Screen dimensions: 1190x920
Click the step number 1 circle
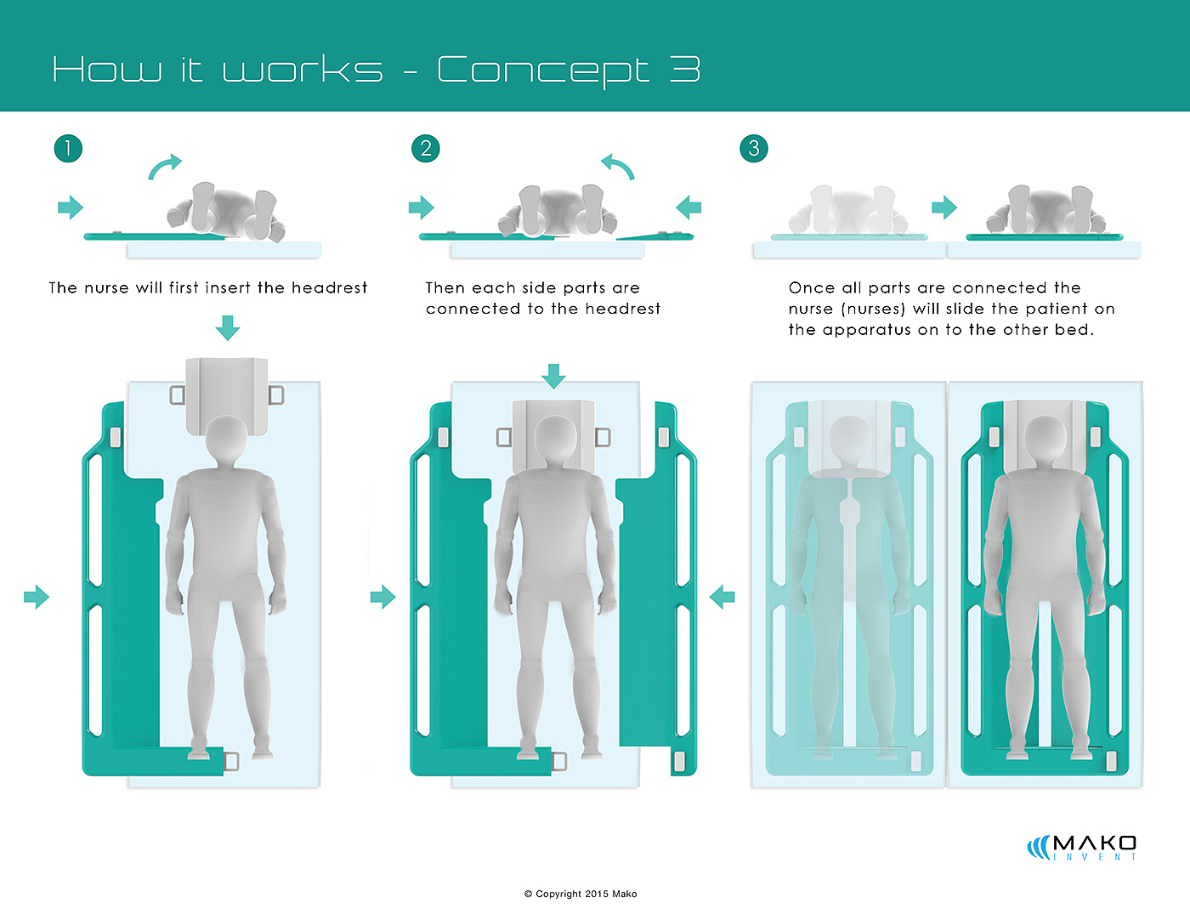click(x=69, y=149)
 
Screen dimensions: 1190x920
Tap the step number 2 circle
click(x=426, y=149)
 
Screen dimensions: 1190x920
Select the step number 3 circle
click(x=754, y=149)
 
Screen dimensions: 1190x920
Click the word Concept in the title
click(x=542, y=71)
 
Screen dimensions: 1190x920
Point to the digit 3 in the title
click(x=685, y=69)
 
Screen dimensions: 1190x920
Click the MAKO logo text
click(x=1094, y=843)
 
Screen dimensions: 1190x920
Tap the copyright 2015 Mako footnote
click(x=581, y=894)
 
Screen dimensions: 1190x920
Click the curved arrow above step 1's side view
click(x=164, y=166)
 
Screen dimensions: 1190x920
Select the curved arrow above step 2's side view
click(x=618, y=166)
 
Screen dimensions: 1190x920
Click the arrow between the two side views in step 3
click(x=944, y=207)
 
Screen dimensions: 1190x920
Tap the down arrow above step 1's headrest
click(x=227, y=327)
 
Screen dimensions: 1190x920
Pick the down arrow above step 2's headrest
click(x=553, y=376)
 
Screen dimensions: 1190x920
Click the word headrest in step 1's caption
click(x=329, y=287)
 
